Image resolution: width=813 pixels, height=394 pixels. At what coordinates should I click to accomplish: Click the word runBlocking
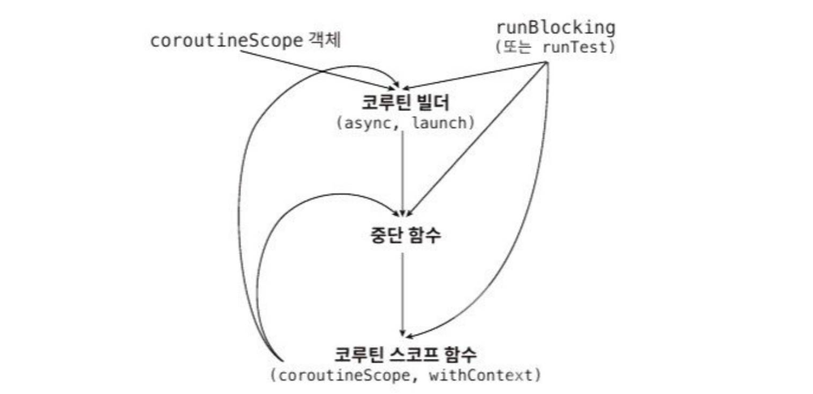[x=555, y=27]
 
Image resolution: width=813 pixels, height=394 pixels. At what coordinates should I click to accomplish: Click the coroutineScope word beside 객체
[x=226, y=40]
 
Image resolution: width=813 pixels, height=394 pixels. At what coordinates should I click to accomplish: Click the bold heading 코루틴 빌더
[x=405, y=103]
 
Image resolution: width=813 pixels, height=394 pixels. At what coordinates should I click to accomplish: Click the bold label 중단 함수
[x=405, y=235]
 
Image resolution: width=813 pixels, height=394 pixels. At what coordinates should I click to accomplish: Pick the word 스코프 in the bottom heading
[x=414, y=355]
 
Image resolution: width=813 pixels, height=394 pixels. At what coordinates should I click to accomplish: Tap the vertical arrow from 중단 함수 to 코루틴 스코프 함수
[x=403, y=294]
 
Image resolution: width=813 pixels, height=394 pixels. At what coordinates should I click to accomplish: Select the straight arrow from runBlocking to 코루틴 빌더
[x=477, y=75]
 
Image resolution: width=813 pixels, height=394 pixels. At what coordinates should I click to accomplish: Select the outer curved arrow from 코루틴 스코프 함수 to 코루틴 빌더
[x=241, y=193]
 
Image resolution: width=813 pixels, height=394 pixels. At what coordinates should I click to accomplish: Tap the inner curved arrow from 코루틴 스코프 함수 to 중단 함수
[x=270, y=250]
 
